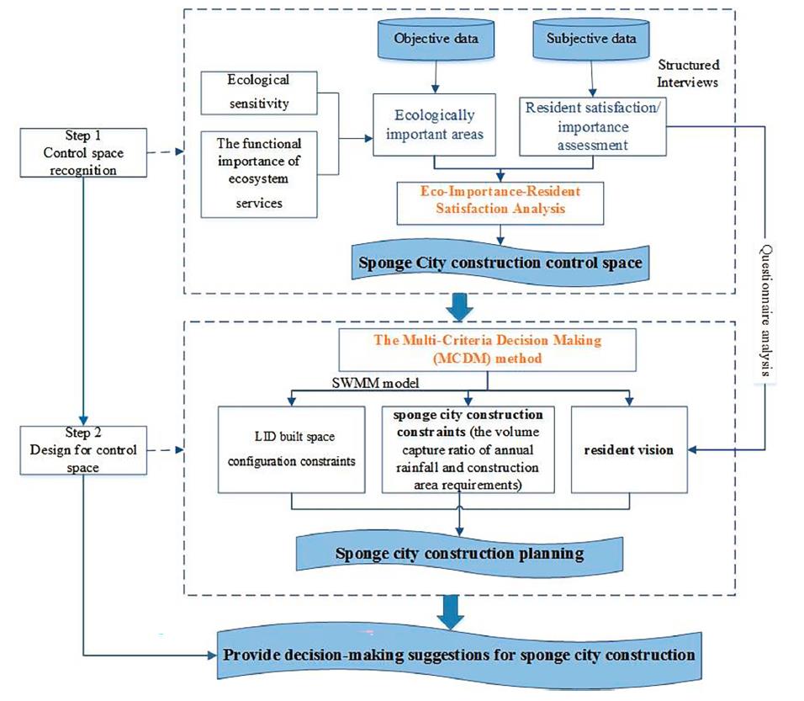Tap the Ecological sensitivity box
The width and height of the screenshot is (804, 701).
click(258, 93)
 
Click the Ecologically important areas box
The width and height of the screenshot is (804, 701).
click(434, 125)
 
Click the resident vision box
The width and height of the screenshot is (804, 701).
click(630, 450)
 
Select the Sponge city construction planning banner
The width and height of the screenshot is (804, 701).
click(458, 553)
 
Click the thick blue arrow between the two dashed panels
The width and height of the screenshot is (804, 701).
click(460, 307)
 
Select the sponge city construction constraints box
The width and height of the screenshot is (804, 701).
click(468, 450)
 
